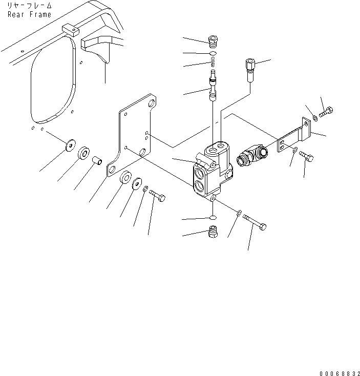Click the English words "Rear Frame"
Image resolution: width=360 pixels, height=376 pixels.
point(29,14)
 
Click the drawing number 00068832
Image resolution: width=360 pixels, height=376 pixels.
point(340,373)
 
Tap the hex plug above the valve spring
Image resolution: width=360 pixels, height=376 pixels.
point(213,41)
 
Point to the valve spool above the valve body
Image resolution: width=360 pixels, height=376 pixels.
point(213,85)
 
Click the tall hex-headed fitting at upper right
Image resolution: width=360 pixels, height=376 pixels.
point(250,70)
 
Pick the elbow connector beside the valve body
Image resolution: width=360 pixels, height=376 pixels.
point(252,155)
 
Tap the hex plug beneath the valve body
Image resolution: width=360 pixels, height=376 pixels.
point(213,232)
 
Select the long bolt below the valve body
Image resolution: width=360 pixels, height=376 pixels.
point(255,222)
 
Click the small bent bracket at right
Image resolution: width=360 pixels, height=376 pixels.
point(294,135)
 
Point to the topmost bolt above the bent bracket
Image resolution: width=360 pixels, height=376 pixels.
point(326,112)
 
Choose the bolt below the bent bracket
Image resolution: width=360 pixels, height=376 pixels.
point(306,157)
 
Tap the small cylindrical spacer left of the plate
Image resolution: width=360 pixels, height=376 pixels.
point(97,160)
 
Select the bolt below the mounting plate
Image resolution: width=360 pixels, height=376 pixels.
point(157,196)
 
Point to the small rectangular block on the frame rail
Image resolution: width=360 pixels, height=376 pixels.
point(71,30)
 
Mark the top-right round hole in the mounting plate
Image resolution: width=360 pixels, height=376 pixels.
point(152,103)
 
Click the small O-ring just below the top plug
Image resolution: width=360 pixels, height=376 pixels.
point(213,53)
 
